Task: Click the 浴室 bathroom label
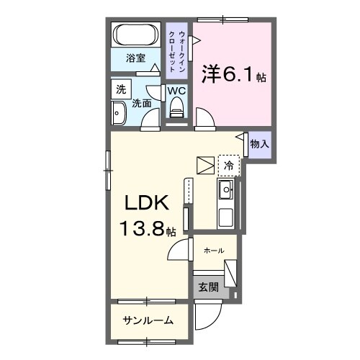(136, 59)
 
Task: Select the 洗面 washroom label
(141, 103)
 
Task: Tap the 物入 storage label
(259, 143)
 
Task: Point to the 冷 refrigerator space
(229, 165)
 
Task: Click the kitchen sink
(225, 191)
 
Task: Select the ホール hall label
(213, 250)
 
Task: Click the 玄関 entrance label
(208, 287)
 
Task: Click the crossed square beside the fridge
(206, 165)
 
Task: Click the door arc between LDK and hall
(179, 252)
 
